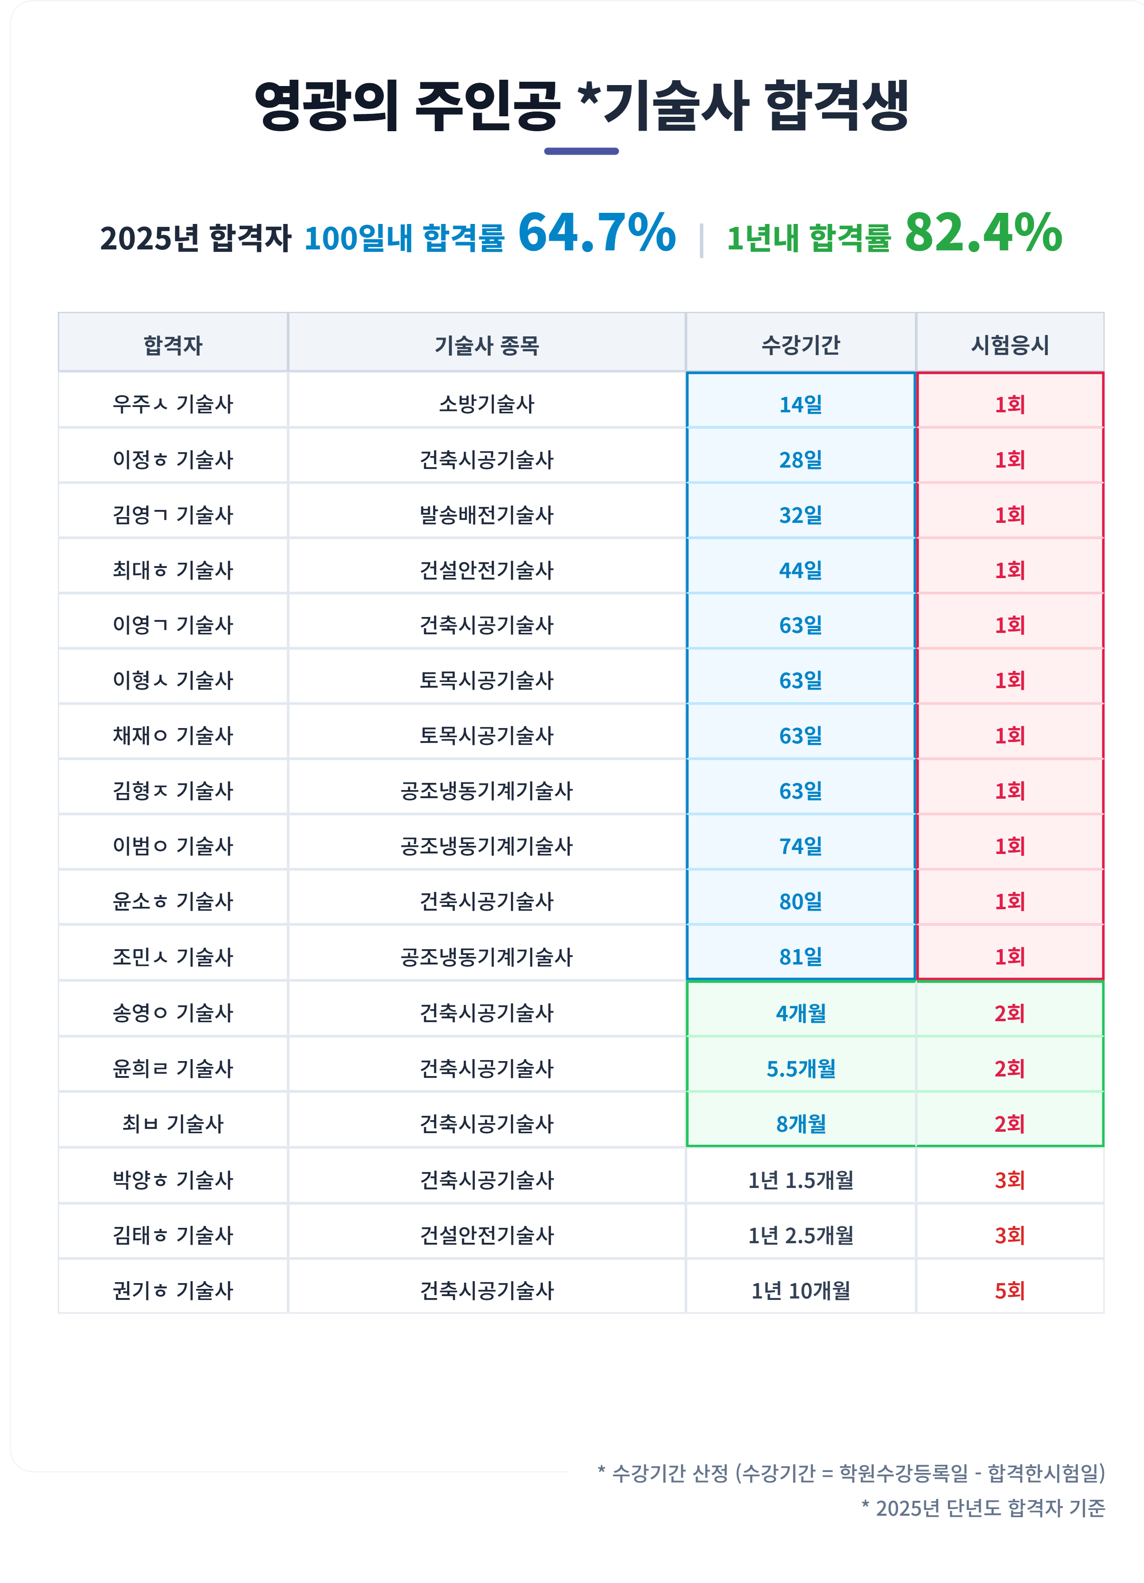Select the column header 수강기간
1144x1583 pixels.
pos(800,345)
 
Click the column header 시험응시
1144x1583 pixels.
pos(1010,345)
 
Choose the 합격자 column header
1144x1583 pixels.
pos(172,345)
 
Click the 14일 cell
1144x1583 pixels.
pos(800,404)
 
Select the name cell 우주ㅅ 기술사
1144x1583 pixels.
pos(172,403)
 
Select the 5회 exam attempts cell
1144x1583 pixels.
pos(1010,1290)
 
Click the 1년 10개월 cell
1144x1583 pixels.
pos(800,1290)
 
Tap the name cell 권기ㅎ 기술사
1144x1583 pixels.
pos(172,1290)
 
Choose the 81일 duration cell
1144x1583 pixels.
pos(800,957)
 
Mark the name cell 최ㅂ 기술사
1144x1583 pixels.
pos(172,1123)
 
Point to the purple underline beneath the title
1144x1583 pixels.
pos(581,151)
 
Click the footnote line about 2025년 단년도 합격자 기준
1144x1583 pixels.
pos(983,1508)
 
